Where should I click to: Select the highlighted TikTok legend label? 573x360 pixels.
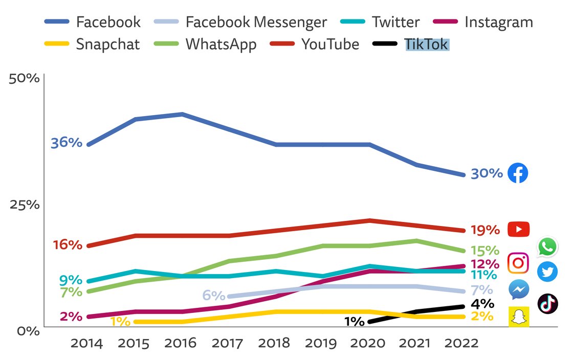pyautogui.click(x=426, y=44)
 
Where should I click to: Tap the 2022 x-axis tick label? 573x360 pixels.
pyautogui.click(x=462, y=343)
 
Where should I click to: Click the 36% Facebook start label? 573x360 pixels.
pyautogui.click(x=67, y=143)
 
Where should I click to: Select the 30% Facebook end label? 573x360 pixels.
pyautogui.click(x=487, y=174)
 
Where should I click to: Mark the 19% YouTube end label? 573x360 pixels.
pyautogui.click(x=484, y=230)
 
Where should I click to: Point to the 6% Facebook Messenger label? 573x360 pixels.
pyautogui.click(x=214, y=296)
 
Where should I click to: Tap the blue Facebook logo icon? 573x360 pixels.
pyautogui.click(x=518, y=173)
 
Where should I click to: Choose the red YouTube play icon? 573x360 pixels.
pyautogui.click(x=518, y=230)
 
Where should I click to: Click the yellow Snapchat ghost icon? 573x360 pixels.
pyautogui.click(x=518, y=317)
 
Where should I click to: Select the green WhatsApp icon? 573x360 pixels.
pyautogui.click(x=547, y=247)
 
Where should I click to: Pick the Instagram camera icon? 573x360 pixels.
pyautogui.click(x=518, y=263)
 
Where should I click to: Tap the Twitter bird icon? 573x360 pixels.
pyautogui.click(x=547, y=272)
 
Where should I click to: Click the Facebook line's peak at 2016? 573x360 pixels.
pyautogui.click(x=182, y=114)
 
